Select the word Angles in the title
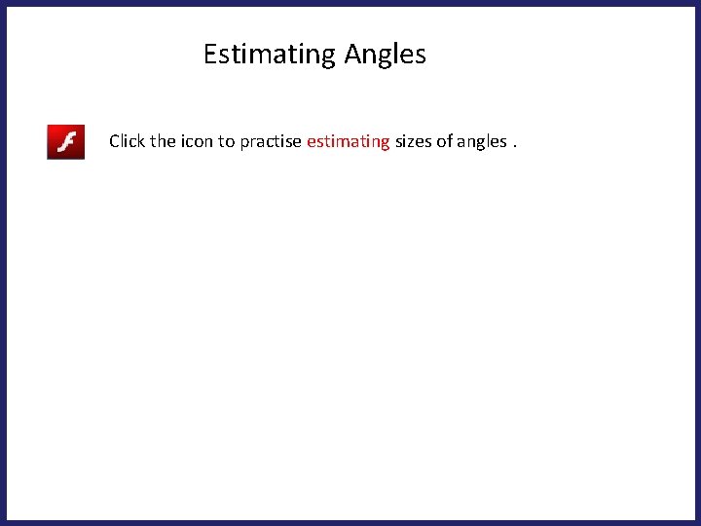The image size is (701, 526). [385, 55]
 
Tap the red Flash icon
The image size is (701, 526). [65, 142]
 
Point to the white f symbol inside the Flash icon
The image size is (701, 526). [66, 142]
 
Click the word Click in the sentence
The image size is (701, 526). [127, 141]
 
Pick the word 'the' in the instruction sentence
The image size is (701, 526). [163, 141]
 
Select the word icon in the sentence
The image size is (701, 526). [197, 141]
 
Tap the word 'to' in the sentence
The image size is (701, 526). [227, 141]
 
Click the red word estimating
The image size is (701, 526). [348, 141]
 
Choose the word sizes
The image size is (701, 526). [413, 141]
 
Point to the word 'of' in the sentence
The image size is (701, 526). [444, 141]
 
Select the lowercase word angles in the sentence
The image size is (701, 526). [482, 142]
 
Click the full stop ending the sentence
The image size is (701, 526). [516, 146]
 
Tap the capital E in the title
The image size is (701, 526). [210, 55]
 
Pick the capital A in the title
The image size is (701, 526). [352, 55]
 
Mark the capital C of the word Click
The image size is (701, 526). [115, 141]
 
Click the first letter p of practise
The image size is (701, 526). [245, 142]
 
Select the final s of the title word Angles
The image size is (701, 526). [420, 56]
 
